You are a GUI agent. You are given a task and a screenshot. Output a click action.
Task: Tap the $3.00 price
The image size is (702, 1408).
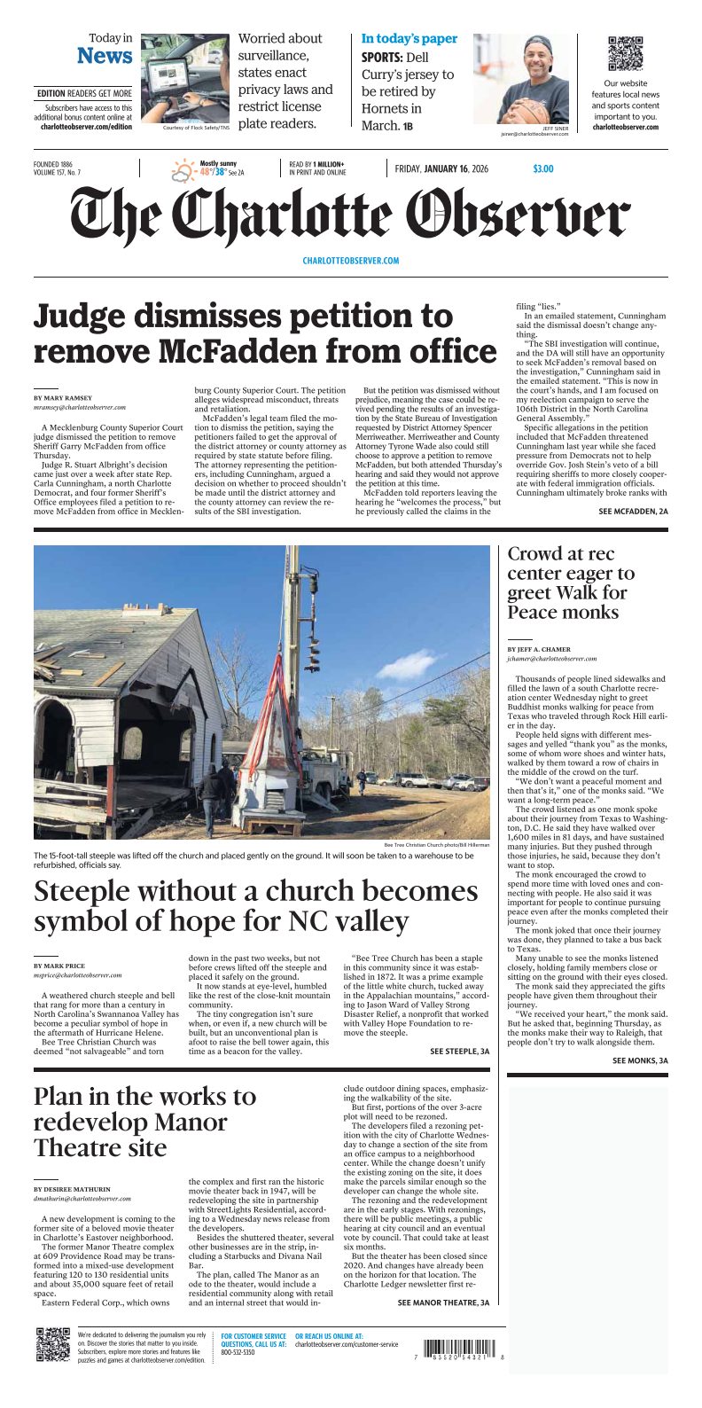542,168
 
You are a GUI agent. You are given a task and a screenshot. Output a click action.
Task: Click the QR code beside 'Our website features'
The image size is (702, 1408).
626,54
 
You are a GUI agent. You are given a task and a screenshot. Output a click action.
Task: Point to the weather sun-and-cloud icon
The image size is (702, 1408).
183,169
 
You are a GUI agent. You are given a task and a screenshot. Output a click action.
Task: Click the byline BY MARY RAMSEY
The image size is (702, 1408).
62,398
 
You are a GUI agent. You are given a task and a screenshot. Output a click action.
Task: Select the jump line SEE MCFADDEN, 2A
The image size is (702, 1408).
633,512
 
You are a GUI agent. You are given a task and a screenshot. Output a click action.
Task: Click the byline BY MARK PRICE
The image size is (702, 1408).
58,965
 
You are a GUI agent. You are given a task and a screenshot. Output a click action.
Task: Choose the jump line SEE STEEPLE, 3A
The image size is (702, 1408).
459,1051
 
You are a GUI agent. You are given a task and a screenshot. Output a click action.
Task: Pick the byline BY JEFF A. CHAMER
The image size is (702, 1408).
539,649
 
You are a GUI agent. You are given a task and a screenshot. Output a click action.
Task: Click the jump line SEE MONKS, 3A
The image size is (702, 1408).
640,1060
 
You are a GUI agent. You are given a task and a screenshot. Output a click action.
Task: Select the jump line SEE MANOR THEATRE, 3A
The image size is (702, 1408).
443,1302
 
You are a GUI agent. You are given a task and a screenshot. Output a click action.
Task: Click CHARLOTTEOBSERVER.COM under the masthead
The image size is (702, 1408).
350,261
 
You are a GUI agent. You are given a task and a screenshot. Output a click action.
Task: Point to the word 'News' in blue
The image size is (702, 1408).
105,56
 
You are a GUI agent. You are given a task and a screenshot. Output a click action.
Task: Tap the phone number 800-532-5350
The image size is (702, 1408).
238,1352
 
